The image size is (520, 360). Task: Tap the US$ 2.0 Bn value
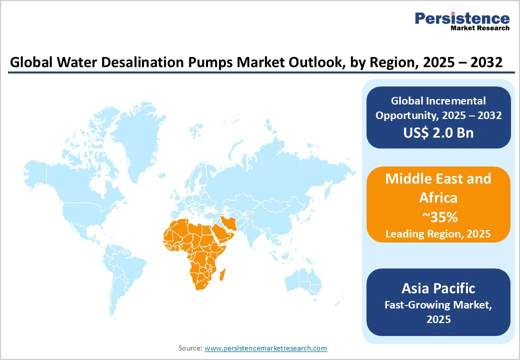438,132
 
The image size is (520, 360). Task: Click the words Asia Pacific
438,288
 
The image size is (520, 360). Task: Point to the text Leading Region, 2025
438,233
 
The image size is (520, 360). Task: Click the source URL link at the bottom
265,348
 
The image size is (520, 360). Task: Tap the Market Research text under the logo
479,28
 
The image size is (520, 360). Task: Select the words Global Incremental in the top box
438,101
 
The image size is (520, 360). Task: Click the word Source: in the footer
190,348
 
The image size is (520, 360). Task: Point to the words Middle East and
438,178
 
